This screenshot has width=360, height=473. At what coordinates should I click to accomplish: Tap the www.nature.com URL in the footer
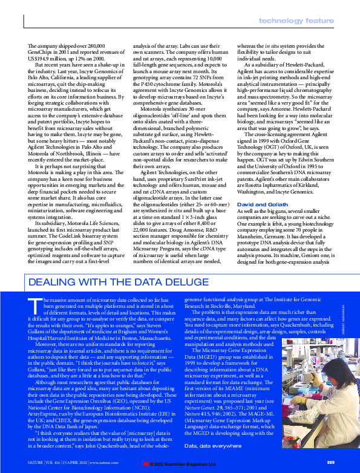tap(103, 463)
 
